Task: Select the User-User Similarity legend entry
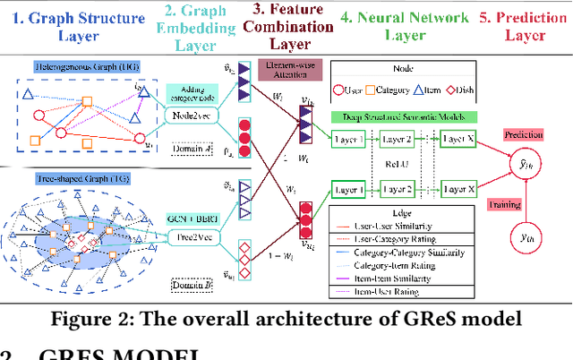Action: [x=413, y=236]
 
